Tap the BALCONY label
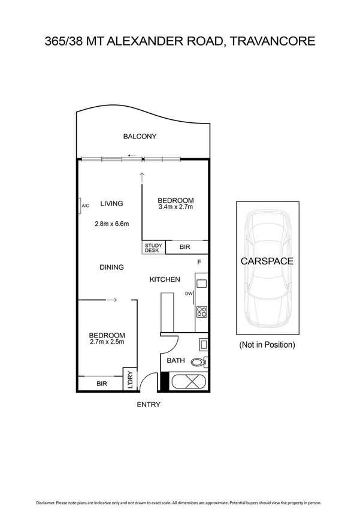tap(140, 136)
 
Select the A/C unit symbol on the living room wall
tap(80, 206)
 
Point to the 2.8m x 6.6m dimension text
tap(112, 224)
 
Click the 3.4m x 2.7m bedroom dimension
tap(176, 207)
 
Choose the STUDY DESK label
tap(153, 248)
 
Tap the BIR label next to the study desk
tap(186, 247)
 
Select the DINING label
tap(111, 267)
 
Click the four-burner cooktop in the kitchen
tap(202, 312)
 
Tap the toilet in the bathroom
tap(199, 362)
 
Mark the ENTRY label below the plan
tap(148, 405)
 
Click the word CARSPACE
tap(267, 261)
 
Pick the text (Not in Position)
tap(267, 345)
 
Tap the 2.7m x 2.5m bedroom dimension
tap(107, 342)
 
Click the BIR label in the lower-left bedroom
tap(101, 383)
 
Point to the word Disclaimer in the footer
tap(48, 502)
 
